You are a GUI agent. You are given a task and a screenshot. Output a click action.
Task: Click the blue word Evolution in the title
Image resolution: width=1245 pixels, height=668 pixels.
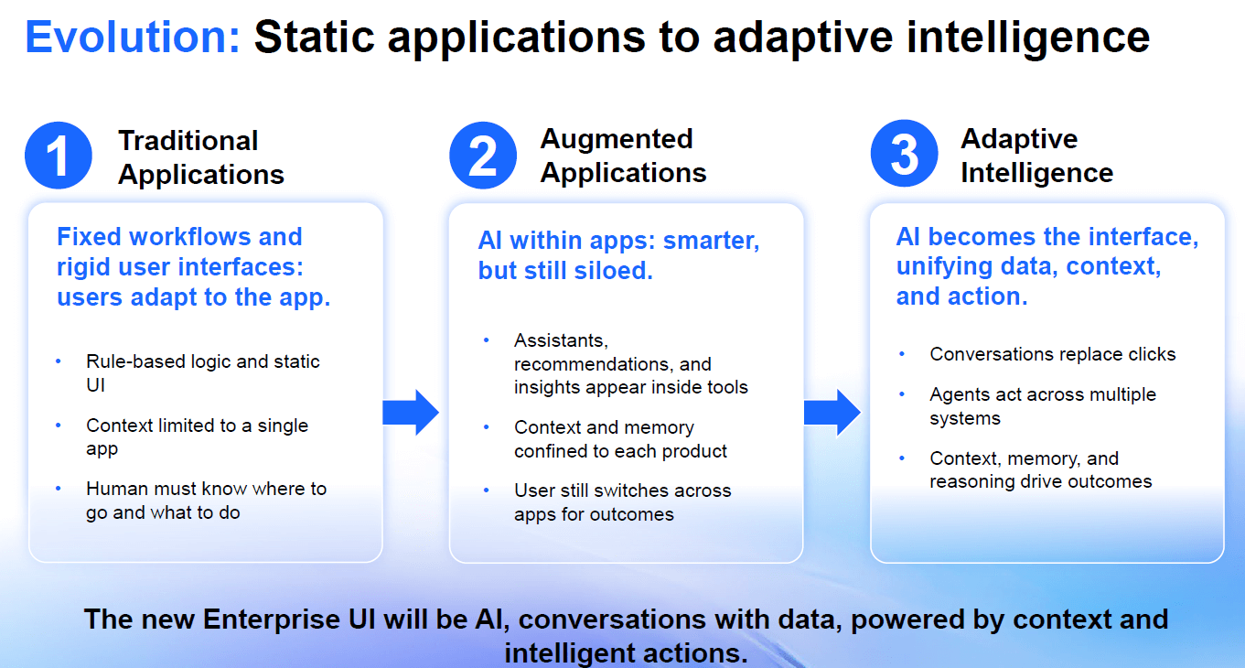coord(133,38)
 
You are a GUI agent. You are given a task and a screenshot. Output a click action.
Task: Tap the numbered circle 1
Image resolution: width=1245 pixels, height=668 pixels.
coord(59,156)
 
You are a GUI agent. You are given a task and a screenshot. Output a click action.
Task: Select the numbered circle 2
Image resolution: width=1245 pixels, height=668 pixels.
coord(482,156)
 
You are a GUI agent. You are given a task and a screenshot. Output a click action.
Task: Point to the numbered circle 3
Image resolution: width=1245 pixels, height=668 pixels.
coord(904,154)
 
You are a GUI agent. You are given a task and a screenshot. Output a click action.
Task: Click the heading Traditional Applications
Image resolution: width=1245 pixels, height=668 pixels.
coord(200,157)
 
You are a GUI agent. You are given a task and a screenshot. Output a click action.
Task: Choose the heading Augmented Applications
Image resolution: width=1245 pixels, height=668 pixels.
coord(623,156)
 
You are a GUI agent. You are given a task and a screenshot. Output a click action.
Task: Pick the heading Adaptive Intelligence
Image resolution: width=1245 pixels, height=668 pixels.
coord(1036,156)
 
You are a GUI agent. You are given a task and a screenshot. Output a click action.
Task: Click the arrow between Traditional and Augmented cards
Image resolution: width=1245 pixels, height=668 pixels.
coord(411,413)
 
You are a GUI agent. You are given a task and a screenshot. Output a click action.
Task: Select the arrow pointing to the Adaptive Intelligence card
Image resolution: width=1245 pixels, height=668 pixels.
coord(832,413)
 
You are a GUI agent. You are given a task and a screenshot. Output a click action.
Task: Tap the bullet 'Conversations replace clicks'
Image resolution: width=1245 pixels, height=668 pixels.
coord(1052,354)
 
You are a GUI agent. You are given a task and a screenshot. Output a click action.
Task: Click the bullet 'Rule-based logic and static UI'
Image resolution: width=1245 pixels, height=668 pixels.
coord(202,372)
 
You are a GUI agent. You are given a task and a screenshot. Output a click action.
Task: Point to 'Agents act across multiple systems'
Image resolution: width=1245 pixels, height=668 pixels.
coord(1042,406)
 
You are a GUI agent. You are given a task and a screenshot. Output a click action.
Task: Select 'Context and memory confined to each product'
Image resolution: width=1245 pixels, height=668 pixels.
coord(620,439)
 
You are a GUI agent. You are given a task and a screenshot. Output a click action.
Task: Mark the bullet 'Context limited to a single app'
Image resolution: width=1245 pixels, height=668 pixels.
coord(197,436)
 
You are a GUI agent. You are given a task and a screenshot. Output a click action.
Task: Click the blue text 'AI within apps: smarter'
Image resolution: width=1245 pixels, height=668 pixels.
coord(618,241)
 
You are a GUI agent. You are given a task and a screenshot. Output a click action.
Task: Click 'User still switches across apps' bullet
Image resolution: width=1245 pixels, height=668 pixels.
coord(622,501)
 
